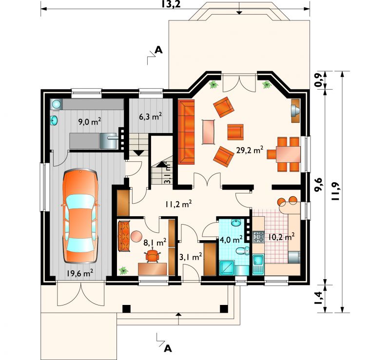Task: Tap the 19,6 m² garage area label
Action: (x=79, y=273)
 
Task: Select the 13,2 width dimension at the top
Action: (x=171, y=4)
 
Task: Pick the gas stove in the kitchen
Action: (x=258, y=237)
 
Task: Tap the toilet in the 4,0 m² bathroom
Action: (x=242, y=250)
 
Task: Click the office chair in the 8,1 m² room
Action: (x=152, y=256)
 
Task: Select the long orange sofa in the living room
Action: (x=186, y=132)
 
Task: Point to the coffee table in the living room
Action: (x=209, y=132)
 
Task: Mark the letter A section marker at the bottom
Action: (x=168, y=348)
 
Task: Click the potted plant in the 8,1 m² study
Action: (x=123, y=270)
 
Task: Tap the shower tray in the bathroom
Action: (x=227, y=267)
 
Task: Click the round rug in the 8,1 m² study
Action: (x=136, y=236)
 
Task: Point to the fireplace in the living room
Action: (x=295, y=111)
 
